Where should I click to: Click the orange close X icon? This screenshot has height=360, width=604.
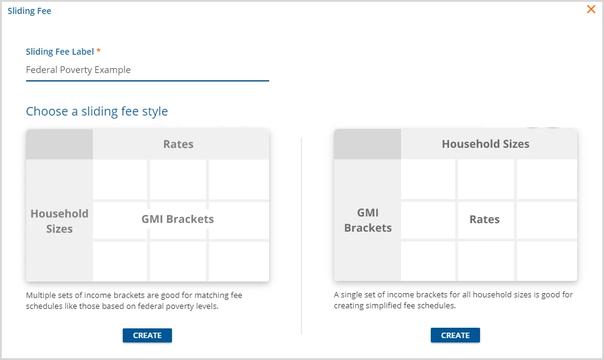click(591, 9)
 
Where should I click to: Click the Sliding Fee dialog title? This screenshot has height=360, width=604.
click(29, 11)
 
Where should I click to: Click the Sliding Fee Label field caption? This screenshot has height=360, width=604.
click(60, 52)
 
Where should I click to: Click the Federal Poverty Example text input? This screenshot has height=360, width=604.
click(147, 70)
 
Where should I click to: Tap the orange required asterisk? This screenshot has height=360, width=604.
click(98, 50)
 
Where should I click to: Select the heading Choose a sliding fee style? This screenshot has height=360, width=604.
click(97, 111)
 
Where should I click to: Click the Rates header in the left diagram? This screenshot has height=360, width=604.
click(179, 144)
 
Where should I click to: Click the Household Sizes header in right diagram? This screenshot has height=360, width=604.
click(486, 144)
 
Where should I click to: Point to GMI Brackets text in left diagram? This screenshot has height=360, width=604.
click(177, 219)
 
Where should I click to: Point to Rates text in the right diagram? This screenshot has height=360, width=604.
click(484, 220)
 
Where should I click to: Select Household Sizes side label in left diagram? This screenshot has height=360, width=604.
click(60, 221)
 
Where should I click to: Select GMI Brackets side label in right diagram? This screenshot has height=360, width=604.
click(368, 220)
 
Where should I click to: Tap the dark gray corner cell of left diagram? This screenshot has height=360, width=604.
click(60, 144)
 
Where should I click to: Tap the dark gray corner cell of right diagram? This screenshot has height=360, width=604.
click(368, 144)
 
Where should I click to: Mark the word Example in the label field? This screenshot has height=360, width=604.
click(112, 70)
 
